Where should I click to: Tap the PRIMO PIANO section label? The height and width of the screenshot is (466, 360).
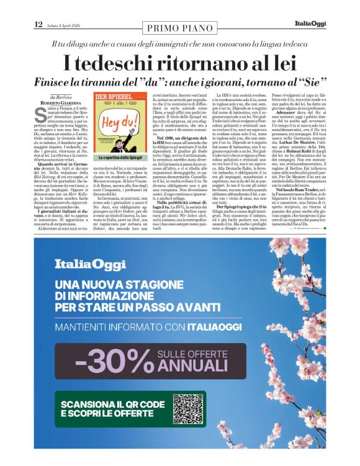tap(179, 27)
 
